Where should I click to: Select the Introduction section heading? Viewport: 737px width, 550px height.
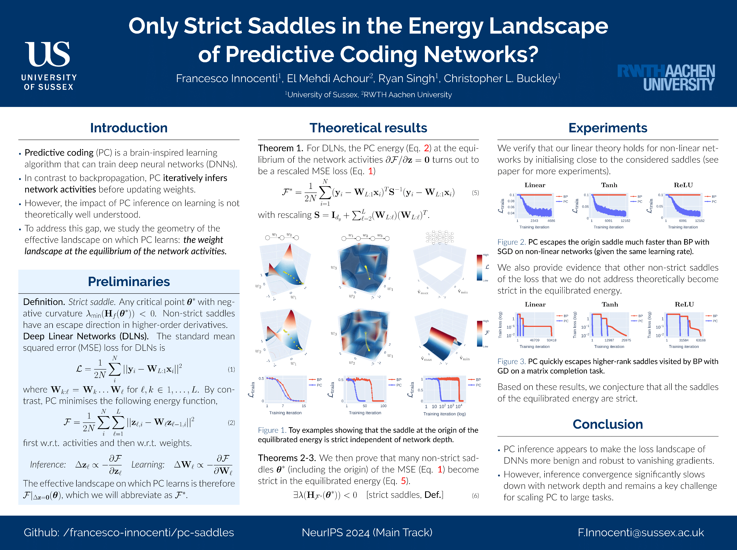coord(129,128)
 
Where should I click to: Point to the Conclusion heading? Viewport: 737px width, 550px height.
coord(608,424)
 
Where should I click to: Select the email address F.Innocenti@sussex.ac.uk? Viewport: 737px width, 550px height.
coord(641,532)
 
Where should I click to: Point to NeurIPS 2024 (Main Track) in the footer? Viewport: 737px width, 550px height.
coord(367,532)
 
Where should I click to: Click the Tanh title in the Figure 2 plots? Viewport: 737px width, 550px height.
coord(609,185)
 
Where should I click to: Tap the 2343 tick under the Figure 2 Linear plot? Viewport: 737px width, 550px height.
coord(534,221)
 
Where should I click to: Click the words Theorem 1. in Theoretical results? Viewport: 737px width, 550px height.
coord(280,148)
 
